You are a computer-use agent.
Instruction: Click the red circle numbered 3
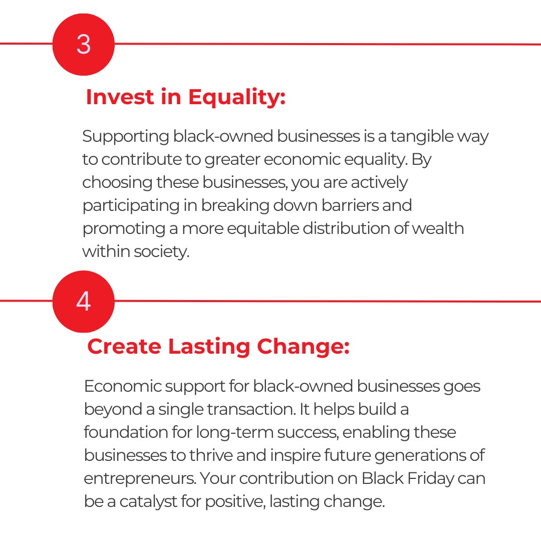(x=83, y=44)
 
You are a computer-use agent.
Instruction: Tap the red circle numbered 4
(x=83, y=301)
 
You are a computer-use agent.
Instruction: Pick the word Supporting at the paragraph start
(x=125, y=136)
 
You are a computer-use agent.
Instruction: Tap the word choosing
(x=117, y=182)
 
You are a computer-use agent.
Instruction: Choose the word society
(x=162, y=251)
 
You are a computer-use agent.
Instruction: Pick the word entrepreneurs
(x=140, y=478)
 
